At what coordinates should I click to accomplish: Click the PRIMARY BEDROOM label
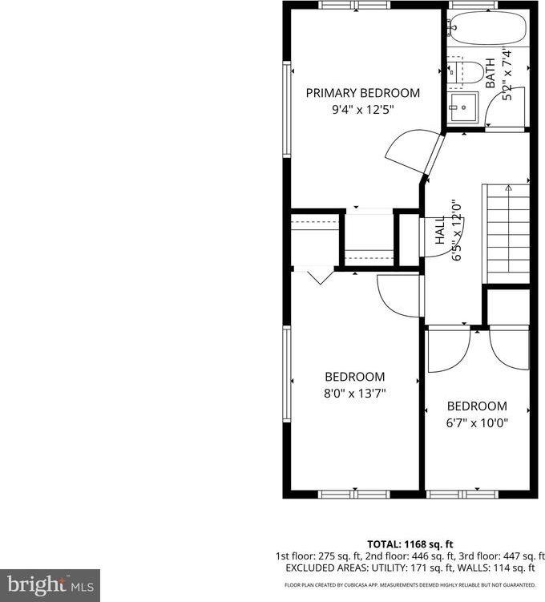coord(362,93)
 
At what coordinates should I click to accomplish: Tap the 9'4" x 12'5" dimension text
coord(362,111)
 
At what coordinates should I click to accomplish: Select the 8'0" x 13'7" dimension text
coord(354,394)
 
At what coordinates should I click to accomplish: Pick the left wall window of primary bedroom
coord(286,110)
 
